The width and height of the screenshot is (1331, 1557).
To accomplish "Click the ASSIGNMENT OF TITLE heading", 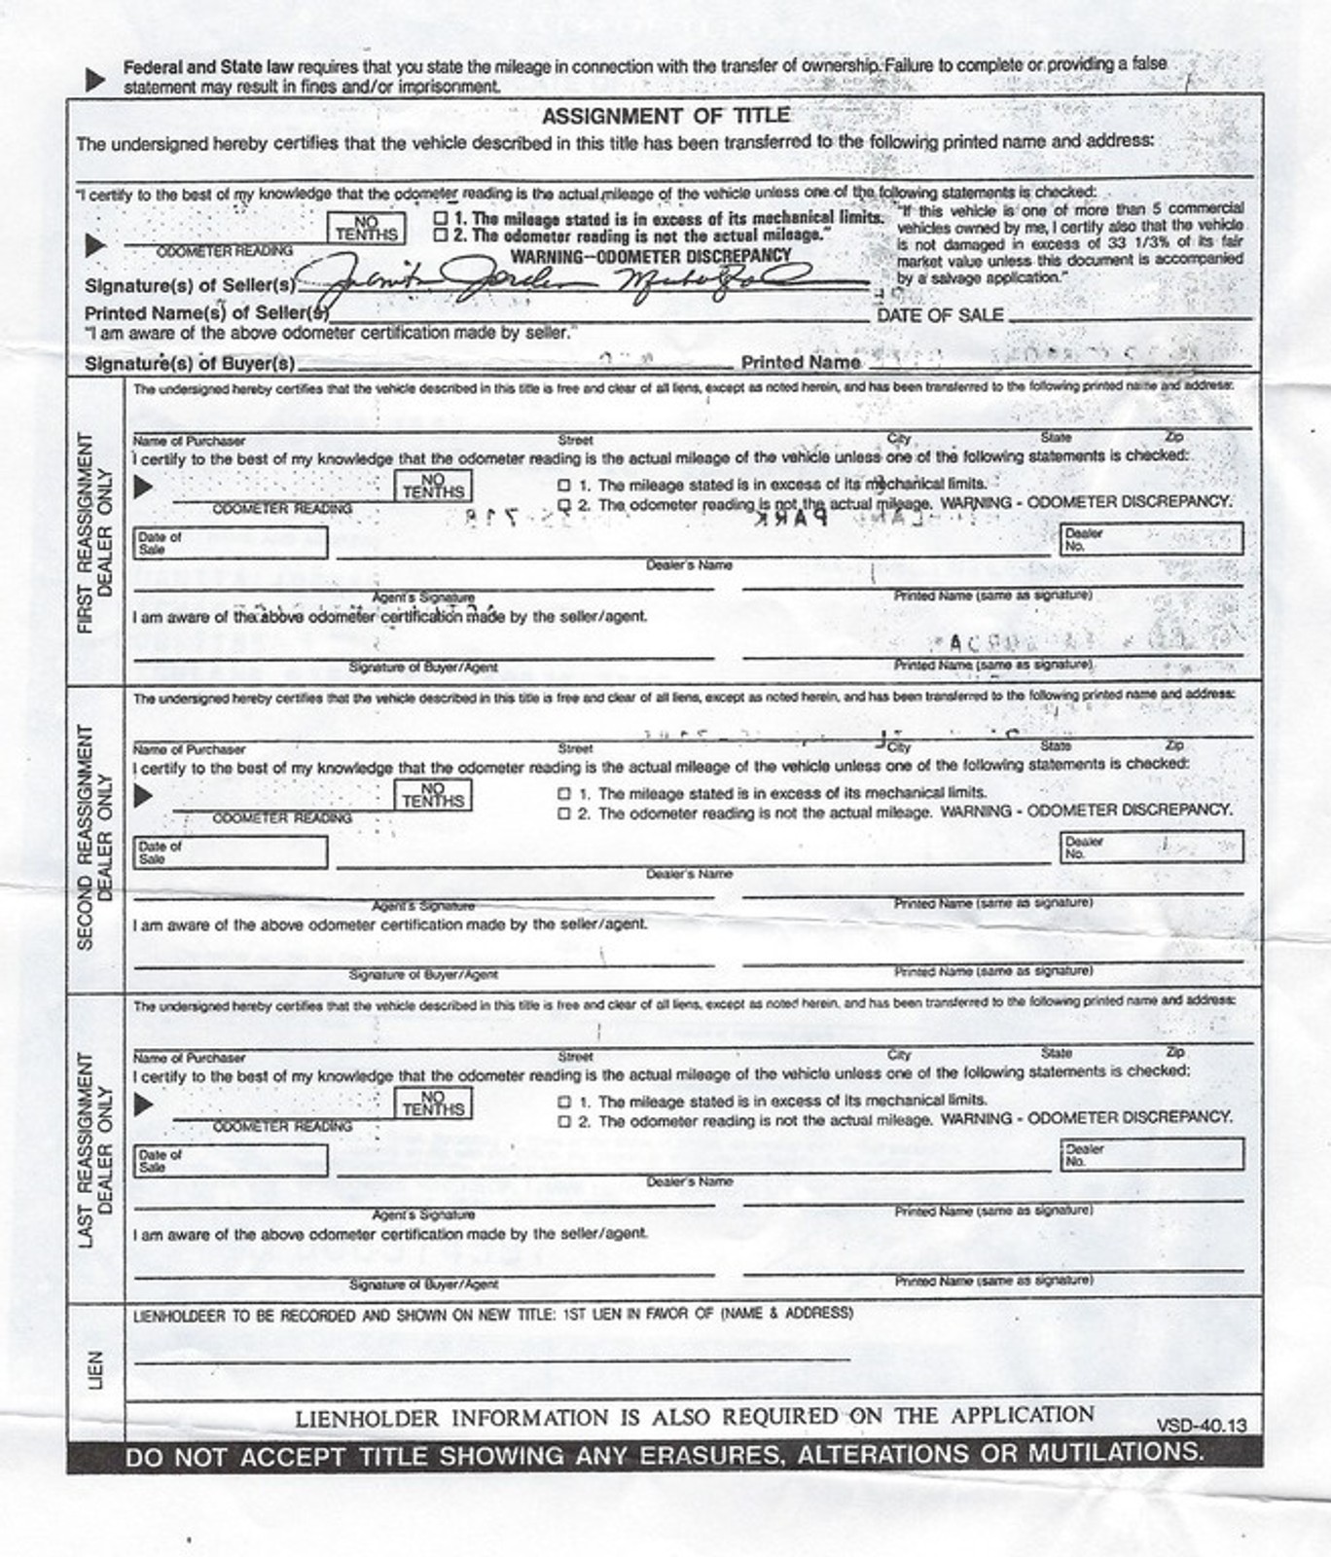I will click(665, 117).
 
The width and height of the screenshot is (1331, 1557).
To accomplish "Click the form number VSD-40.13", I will click(1201, 1426).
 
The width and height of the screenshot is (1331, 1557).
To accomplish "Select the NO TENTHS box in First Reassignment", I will click(433, 486).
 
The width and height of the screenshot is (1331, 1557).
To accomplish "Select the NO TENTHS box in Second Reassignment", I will click(433, 795).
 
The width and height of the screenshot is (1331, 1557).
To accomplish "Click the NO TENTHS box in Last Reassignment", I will click(433, 1103).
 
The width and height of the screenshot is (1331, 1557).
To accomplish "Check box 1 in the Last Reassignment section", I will click(564, 1102).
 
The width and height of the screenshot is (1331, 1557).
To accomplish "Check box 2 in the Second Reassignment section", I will click(564, 814).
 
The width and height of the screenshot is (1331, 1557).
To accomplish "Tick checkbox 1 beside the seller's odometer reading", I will click(441, 219).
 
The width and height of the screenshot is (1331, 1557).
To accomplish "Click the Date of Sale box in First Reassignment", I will click(231, 542).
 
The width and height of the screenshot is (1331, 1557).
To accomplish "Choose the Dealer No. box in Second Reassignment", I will click(1151, 847).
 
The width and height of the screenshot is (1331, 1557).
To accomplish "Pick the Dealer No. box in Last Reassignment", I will click(1151, 1154).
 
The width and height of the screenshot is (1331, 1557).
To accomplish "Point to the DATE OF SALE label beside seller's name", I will click(940, 315).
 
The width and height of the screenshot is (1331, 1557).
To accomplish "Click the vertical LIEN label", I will click(96, 1369).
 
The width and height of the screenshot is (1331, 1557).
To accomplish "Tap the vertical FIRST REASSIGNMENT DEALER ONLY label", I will click(95, 532).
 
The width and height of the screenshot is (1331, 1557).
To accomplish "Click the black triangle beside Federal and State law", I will click(95, 79).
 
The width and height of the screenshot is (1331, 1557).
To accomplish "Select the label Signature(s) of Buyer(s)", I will click(190, 364).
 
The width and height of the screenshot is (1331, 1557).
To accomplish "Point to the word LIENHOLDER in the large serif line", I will click(367, 1419).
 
